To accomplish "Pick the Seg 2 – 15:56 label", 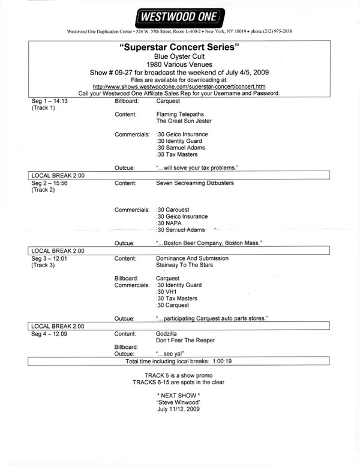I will [53, 182].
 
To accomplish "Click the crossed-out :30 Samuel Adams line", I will [181, 230].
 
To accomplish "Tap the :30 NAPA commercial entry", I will [170, 223].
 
